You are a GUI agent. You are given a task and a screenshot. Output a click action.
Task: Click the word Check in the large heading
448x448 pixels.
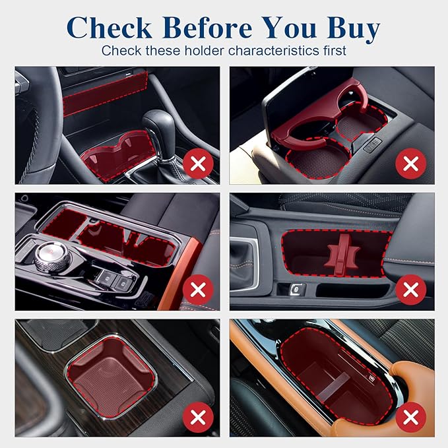[x=109, y=28]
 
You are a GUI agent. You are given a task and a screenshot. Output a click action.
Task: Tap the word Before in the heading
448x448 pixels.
[x=208, y=28]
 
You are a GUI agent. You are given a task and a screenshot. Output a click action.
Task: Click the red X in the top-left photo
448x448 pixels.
[x=198, y=164]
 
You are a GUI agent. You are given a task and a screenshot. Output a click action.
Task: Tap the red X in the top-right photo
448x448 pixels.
[x=411, y=164]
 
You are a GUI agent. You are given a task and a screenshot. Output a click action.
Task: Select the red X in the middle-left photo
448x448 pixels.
[x=198, y=290]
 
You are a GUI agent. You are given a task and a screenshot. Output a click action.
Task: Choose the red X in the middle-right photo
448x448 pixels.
[x=411, y=290]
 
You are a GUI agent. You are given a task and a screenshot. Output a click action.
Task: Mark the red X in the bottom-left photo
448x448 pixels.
[x=198, y=417]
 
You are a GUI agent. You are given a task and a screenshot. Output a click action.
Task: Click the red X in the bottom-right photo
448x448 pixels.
[x=411, y=417]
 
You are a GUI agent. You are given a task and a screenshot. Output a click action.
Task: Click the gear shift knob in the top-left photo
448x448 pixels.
[x=158, y=126]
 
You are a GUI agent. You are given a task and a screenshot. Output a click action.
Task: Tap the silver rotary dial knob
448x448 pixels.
[x=51, y=254]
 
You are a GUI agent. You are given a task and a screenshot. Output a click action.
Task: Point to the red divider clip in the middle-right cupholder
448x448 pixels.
[x=342, y=255]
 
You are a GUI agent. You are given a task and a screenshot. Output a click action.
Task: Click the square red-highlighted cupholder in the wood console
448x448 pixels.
[x=112, y=377]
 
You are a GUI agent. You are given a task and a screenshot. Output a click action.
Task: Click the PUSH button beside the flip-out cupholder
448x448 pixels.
[x=373, y=144]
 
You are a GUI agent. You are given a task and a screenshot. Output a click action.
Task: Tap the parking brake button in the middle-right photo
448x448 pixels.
[x=294, y=290]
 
